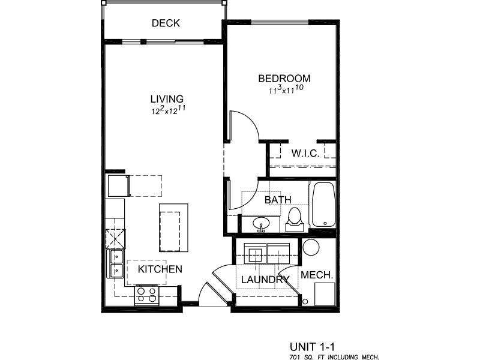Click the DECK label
[166, 23]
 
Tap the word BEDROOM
[284, 79]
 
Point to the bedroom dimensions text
[286, 89]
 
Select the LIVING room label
[167, 99]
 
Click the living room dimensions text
[169, 110]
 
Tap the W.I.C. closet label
[305, 153]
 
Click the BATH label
[278, 200]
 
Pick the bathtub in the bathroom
[323, 205]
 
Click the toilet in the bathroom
[295, 220]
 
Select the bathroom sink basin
[261, 223]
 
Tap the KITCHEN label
[160, 269]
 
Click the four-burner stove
[146, 295]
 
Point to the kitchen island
[173, 228]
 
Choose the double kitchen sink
[115, 263]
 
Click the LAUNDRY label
[265, 280]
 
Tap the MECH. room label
[317, 275]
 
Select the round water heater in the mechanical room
[311, 247]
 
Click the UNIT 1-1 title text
[312, 347]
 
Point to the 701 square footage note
[334, 356]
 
